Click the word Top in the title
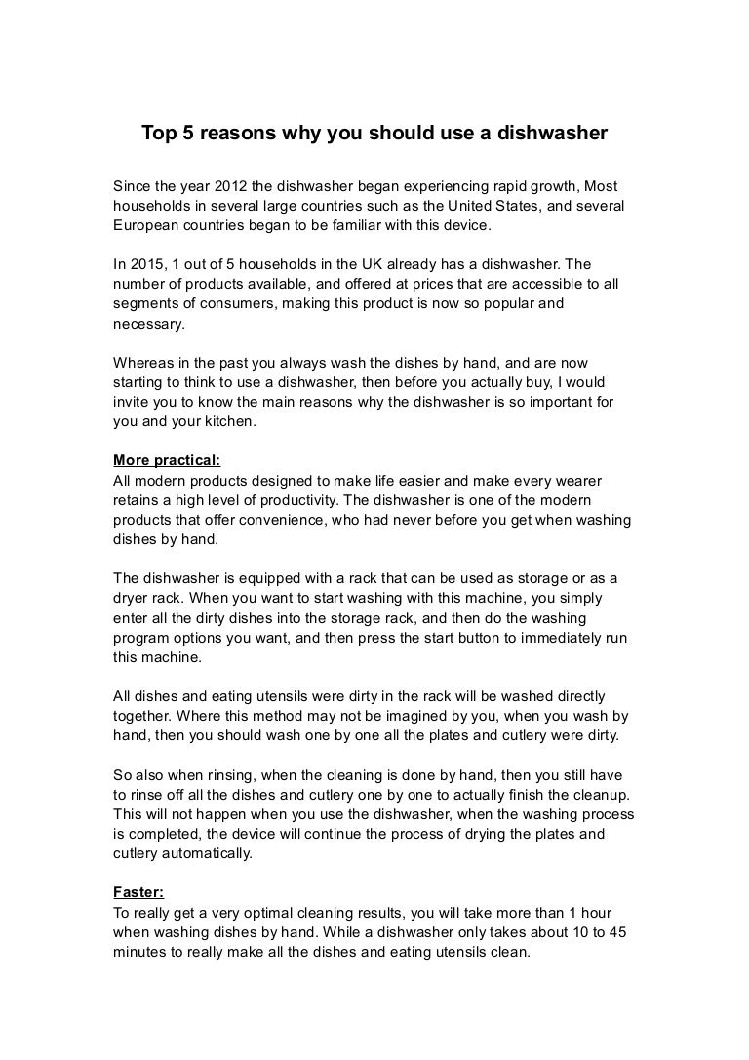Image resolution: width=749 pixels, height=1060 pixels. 158,132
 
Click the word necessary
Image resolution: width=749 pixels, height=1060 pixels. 148,324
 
